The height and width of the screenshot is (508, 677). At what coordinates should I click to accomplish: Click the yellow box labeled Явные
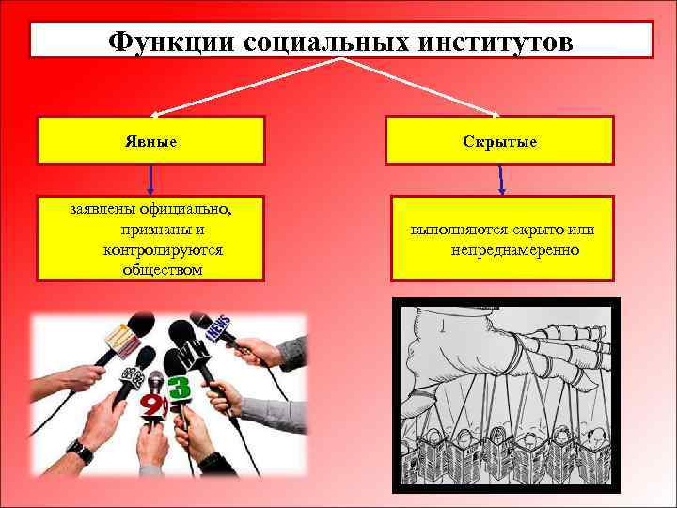pyautogui.click(x=150, y=140)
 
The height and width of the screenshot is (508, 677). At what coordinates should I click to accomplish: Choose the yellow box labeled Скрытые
pyautogui.click(x=502, y=140)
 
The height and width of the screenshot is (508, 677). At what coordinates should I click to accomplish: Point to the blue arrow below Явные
pyautogui.click(x=151, y=180)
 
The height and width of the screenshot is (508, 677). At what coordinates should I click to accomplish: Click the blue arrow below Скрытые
pyautogui.click(x=501, y=180)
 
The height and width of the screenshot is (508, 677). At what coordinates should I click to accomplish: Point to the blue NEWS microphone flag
pyautogui.click(x=218, y=330)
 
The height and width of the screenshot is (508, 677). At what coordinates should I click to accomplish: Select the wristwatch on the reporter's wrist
pyautogui.click(x=81, y=452)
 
